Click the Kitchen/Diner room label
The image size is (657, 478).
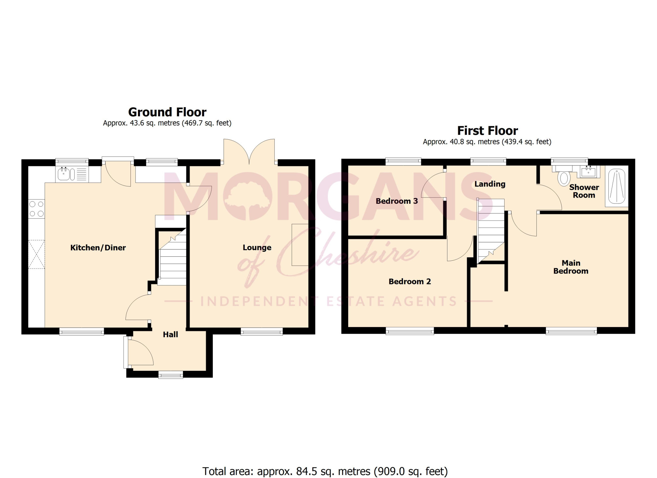pos(98,248)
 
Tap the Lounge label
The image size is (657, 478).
pos(257,248)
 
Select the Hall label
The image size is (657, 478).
pos(170,334)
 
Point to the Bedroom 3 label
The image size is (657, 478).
pos(397,201)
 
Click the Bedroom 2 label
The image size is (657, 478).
pos(410,281)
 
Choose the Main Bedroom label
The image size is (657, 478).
pos(571,267)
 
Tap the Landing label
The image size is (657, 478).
pos(490,184)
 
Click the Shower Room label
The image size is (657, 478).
pos(584,191)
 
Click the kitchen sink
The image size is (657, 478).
pos(72,174)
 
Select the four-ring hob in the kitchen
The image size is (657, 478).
pos(36,209)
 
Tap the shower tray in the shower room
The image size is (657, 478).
pos(617,186)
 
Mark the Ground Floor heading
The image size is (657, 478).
pos(167,112)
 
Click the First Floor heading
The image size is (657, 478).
pos(487,131)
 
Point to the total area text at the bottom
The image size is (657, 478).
pos(325,471)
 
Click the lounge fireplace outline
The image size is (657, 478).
pos(300,245)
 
